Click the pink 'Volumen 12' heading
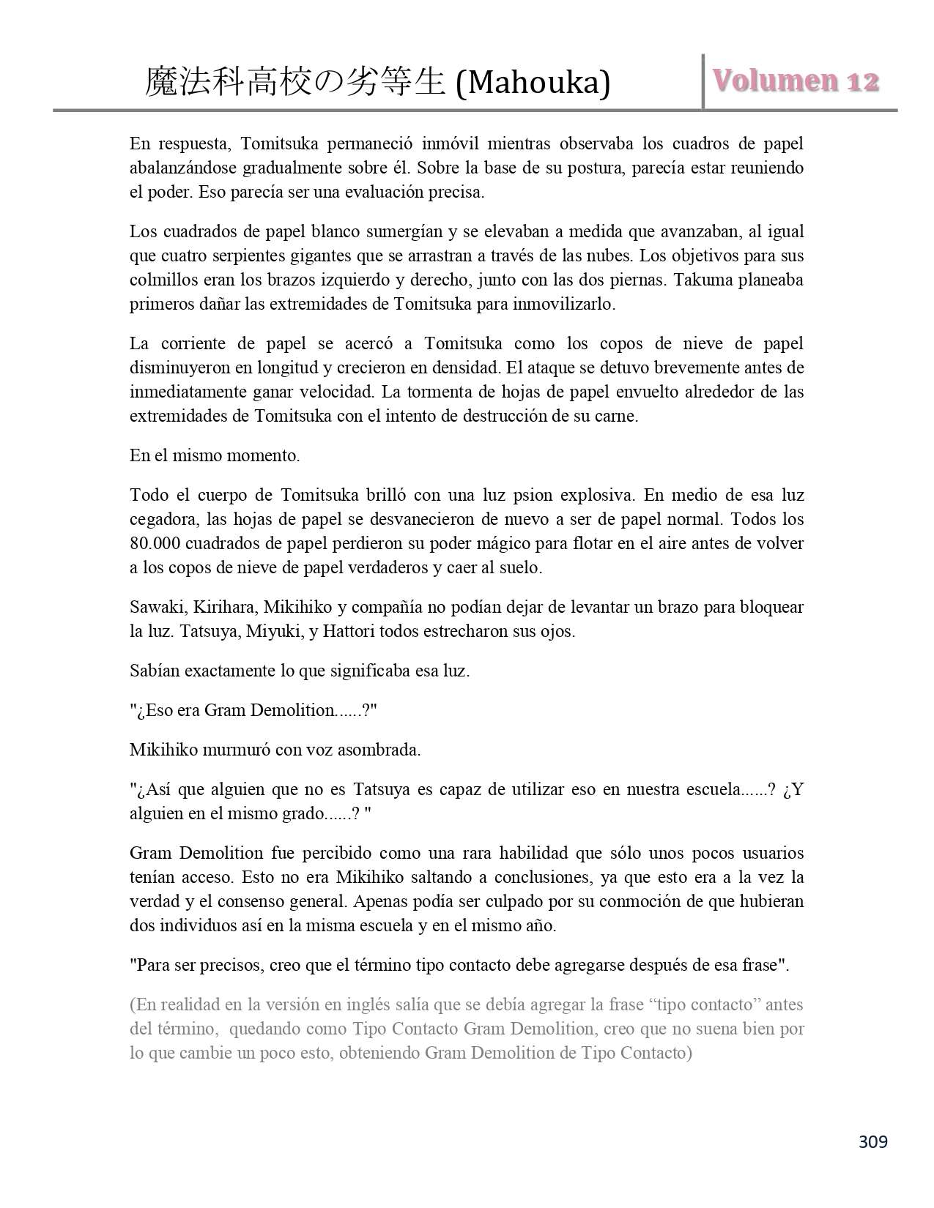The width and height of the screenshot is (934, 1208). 796,81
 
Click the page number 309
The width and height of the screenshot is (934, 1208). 872,1141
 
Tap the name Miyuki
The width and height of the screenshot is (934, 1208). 274,632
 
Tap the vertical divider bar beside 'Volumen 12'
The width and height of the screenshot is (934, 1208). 703,81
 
